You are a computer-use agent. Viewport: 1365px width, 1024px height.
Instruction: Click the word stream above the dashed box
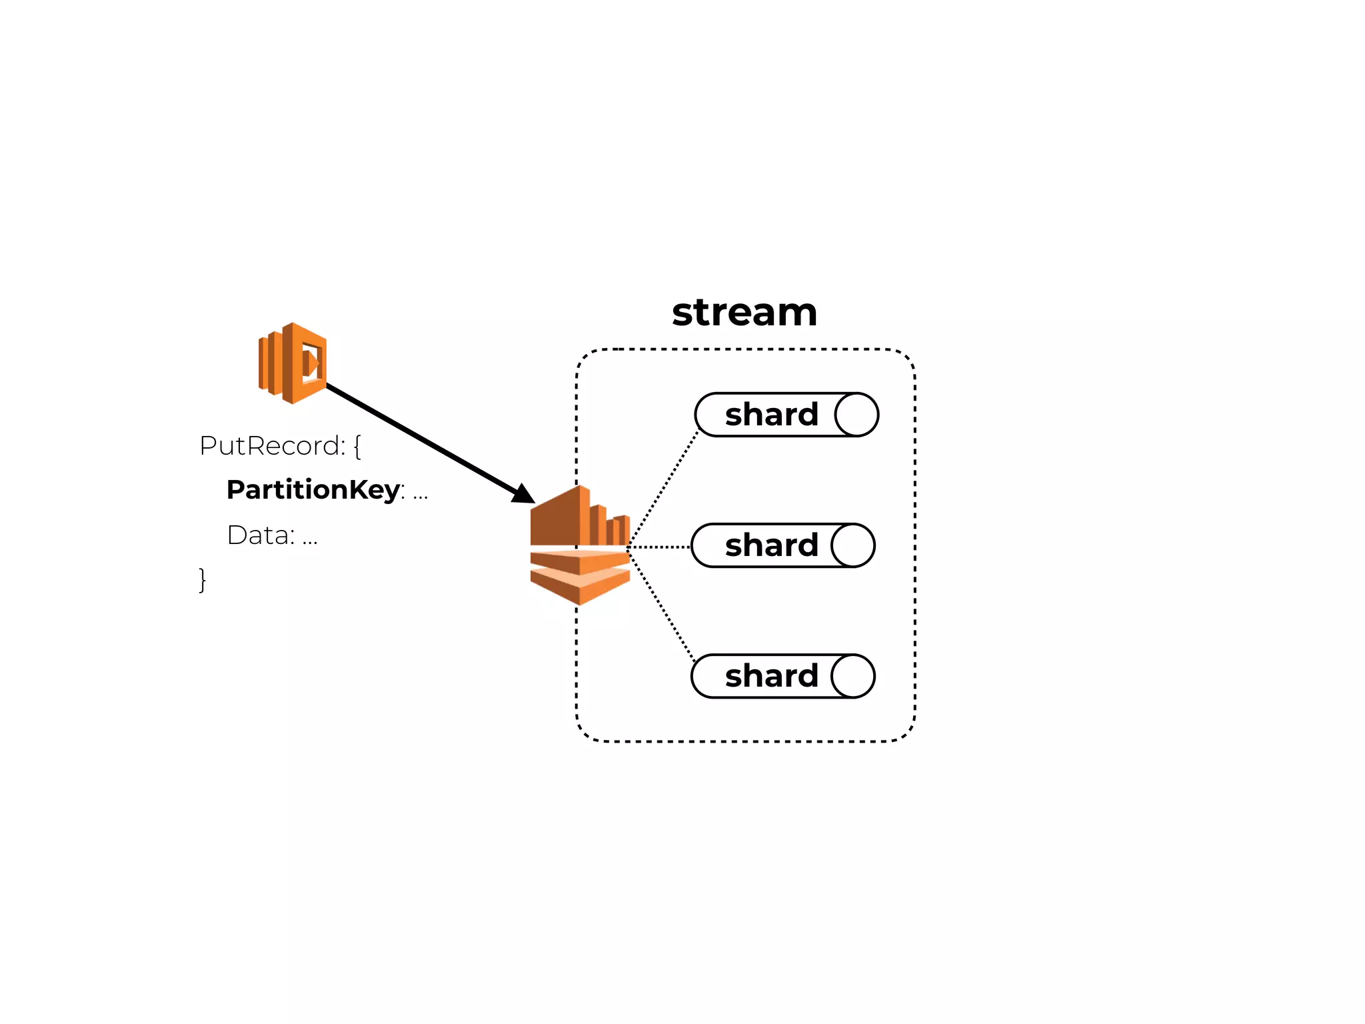tap(744, 313)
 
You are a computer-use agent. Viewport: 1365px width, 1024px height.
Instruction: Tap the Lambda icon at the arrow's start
tap(293, 363)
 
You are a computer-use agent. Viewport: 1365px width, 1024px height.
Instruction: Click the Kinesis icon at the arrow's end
tap(579, 545)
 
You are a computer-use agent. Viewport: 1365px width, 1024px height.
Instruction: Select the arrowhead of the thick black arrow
tap(524, 494)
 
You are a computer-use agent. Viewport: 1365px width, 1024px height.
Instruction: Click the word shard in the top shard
tap(771, 415)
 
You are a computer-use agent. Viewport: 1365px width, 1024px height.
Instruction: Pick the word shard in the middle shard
tap(771, 545)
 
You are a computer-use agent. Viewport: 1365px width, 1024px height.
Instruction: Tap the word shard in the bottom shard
tap(771, 676)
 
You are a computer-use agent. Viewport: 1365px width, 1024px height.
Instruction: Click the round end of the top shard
tap(856, 415)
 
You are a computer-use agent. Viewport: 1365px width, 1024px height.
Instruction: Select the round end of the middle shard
tap(853, 545)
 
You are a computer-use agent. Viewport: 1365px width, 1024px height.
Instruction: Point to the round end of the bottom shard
tap(853, 676)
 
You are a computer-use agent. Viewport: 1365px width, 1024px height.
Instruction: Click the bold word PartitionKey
tap(313, 490)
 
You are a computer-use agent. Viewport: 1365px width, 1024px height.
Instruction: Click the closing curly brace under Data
tap(203, 579)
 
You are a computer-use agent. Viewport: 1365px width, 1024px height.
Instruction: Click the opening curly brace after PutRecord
tap(357, 446)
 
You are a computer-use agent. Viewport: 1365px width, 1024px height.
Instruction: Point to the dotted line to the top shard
tap(663, 489)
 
